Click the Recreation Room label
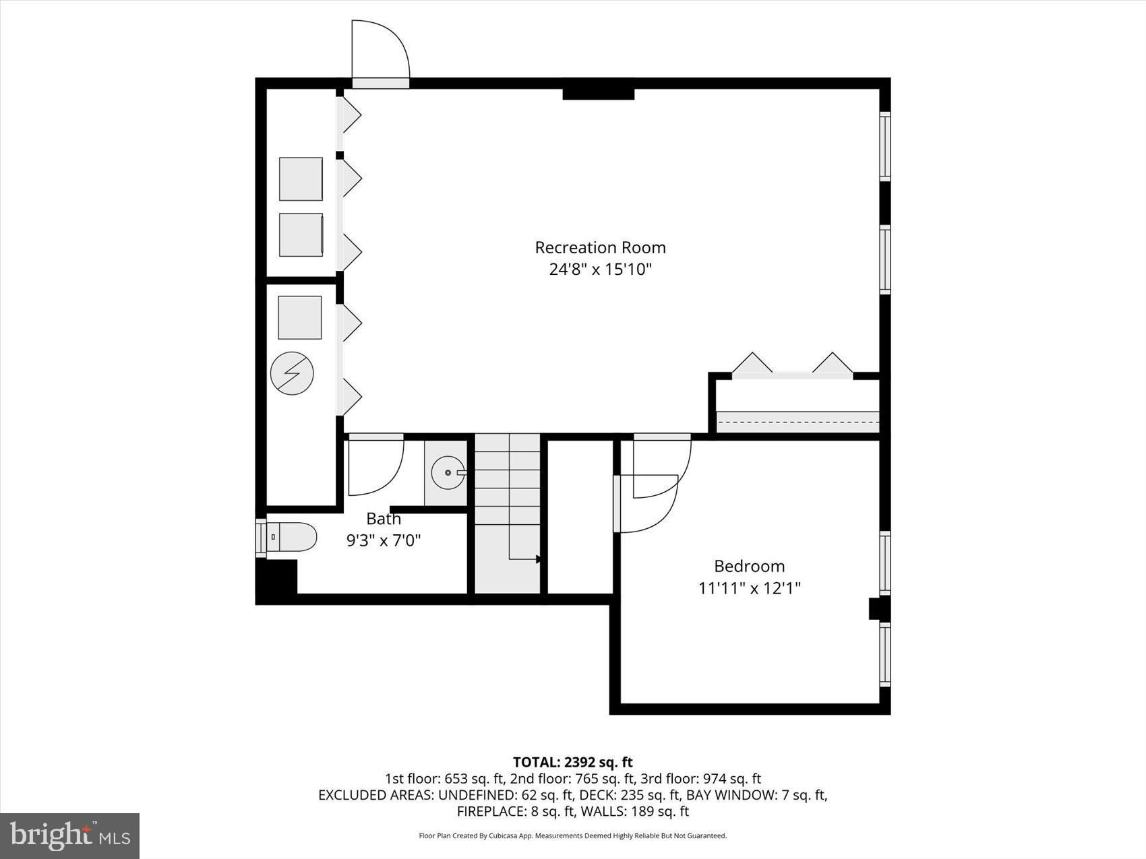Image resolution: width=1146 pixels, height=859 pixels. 600,247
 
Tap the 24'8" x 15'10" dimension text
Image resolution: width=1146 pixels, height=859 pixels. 600,269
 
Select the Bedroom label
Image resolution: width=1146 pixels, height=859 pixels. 749,566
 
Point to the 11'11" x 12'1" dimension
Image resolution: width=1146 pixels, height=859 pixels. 749,588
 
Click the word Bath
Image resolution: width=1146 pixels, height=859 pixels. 384,519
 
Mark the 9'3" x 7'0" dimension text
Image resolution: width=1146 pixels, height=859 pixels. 384,540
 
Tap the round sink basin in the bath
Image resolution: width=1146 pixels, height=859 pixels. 446,473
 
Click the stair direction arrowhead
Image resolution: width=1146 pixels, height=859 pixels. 539,559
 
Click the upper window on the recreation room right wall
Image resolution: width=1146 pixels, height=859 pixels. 884,146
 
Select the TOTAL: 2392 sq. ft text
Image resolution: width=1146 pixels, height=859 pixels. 572,762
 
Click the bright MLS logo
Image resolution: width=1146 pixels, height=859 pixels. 70,835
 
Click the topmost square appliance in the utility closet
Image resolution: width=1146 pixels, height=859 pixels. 301,179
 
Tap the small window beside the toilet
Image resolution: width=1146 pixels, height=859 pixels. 261,538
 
